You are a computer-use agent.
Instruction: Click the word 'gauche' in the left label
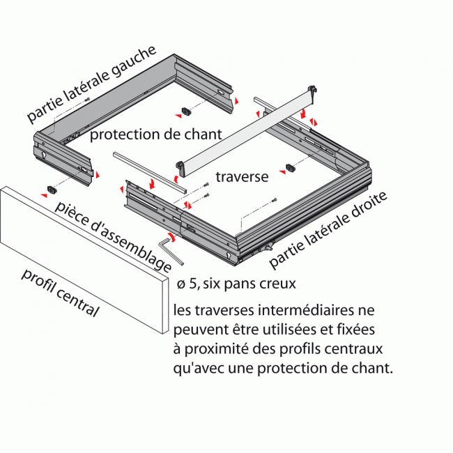(132, 64)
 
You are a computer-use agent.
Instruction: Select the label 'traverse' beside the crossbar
(242, 177)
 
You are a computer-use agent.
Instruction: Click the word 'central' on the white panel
(76, 301)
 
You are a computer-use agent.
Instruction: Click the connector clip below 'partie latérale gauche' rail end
(52, 190)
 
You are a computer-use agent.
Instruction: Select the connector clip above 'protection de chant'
(185, 112)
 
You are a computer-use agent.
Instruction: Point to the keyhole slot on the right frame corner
(229, 256)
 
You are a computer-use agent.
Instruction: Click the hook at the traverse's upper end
(312, 90)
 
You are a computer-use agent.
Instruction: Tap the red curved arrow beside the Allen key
(172, 238)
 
